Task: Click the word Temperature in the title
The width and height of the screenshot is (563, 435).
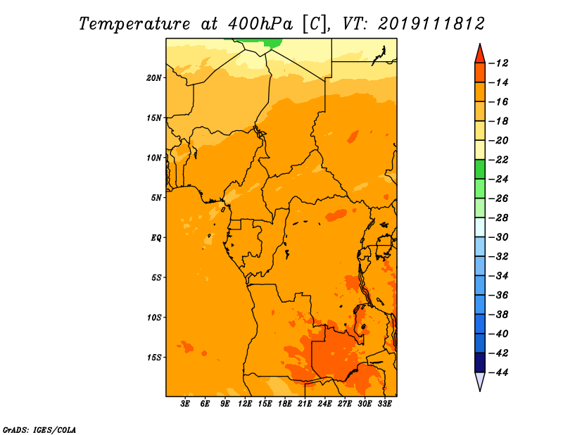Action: click(x=134, y=25)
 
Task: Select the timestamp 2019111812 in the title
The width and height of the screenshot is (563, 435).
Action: click(x=431, y=24)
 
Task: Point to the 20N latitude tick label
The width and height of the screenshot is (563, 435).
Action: click(x=154, y=78)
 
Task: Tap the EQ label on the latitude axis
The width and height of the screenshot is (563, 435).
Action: click(x=156, y=238)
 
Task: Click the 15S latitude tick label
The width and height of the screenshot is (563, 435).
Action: click(x=154, y=358)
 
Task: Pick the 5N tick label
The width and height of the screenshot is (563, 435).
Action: click(x=156, y=198)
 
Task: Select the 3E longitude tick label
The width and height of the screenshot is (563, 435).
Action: click(x=185, y=404)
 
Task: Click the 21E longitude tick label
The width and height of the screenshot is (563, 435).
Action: click(x=305, y=404)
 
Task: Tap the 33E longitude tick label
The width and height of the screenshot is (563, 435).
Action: click(x=384, y=404)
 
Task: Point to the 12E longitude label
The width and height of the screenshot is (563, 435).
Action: click(x=245, y=404)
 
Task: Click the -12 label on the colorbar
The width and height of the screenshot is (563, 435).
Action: click(x=499, y=63)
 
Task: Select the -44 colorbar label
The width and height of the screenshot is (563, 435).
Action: click(x=499, y=372)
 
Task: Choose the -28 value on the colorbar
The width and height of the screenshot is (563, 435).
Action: click(x=499, y=217)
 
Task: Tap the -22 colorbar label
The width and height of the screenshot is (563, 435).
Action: click(x=499, y=160)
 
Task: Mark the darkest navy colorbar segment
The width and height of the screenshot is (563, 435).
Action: click(x=480, y=362)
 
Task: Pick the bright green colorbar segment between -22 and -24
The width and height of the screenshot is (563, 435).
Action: click(x=480, y=169)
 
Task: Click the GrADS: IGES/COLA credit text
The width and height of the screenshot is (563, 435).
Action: click(x=39, y=429)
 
